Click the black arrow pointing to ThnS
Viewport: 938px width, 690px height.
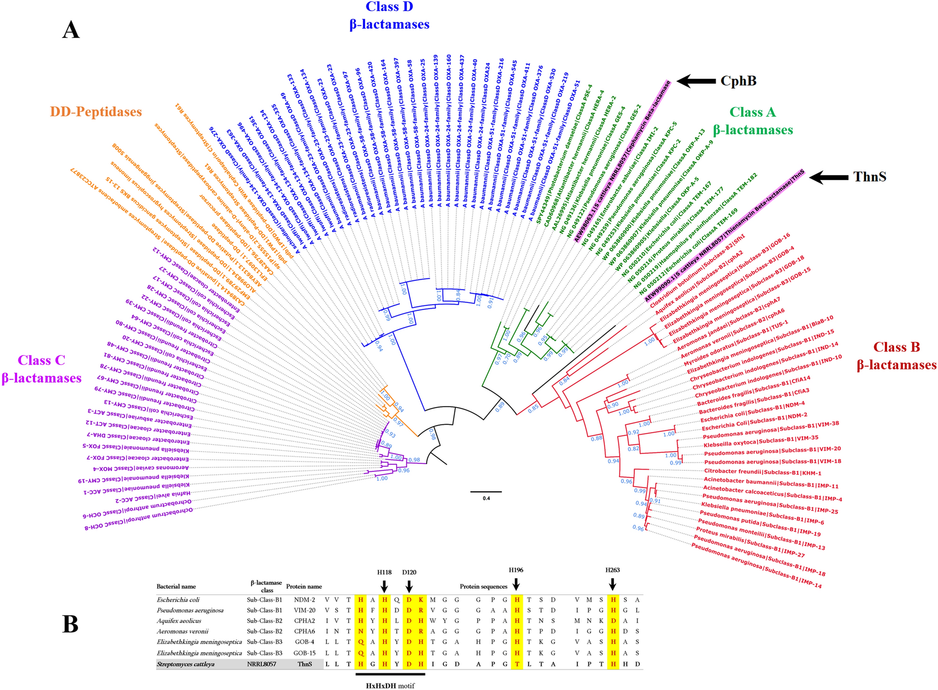tap(828, 177)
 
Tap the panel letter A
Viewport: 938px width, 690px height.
tap(71, 30)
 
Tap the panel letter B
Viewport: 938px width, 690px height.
tap(70, 624)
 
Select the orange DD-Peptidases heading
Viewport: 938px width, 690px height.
tap(96, 112)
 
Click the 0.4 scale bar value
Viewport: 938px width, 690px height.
tap(486, 498)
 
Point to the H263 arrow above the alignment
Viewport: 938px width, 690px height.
tap(612, 585)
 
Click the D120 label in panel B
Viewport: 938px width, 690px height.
tap(409, 572)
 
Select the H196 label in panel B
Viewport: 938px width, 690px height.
tap(516, 570)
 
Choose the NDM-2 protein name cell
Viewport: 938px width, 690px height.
tap(305, 600)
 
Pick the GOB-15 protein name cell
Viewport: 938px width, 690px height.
tap(305, 653)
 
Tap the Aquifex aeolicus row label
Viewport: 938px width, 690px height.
tap(179, 621)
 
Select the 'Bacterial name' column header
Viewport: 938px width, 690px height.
tap(176, 586)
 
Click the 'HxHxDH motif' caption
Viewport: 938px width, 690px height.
tap(390, 686)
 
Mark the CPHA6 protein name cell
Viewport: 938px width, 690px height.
tap(305, 631)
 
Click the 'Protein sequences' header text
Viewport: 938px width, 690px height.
tap(483, 586)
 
